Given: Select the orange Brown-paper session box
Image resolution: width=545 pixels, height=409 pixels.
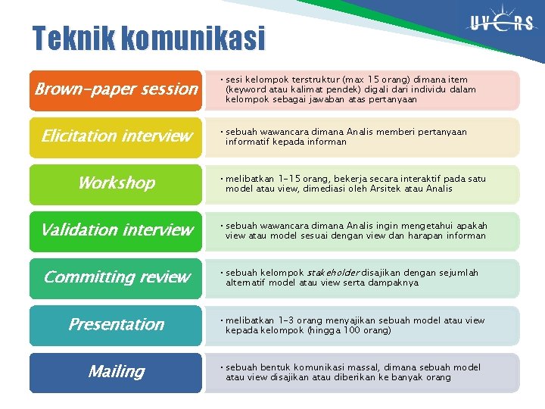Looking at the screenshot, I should point(116,89).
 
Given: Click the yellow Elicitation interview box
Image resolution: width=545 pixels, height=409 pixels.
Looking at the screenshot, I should point(116,136).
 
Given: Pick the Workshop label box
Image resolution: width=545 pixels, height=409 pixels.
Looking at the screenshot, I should point(116,183).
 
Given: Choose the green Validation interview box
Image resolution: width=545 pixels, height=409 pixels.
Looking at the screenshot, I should point(116,230).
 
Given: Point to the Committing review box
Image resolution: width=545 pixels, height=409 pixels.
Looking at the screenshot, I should point(116,277).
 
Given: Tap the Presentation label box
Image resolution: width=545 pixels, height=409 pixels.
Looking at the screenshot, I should point(116,324).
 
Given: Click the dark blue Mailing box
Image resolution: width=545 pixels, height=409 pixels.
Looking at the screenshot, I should point(116,372).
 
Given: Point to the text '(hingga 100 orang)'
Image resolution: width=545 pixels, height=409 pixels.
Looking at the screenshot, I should point(347,330).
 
